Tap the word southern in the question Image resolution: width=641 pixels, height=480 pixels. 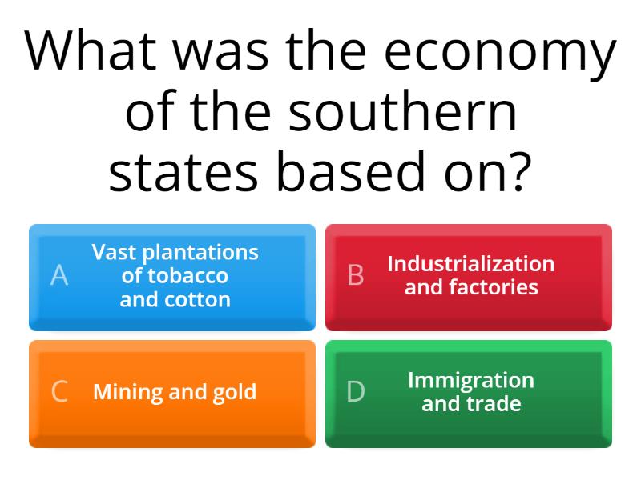point(402,114)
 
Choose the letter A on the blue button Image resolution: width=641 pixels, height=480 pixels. point(59,276)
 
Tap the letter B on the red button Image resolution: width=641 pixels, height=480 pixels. point(356,276)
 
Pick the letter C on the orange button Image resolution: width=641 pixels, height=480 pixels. point(59,392)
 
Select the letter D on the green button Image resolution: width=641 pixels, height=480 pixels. point(356,392)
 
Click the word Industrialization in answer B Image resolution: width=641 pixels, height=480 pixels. point(471,264)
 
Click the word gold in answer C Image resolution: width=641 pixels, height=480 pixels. point(234,393)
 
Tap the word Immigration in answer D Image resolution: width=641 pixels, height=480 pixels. point(471,380)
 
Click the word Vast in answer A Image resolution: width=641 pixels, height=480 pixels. point(111,253)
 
